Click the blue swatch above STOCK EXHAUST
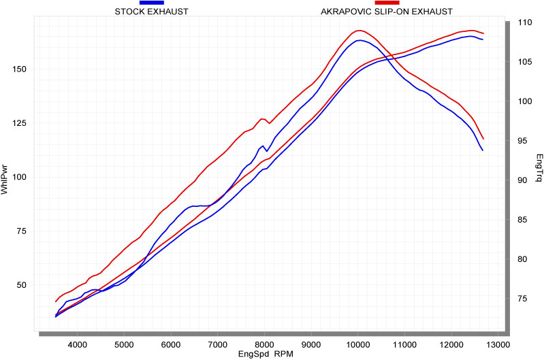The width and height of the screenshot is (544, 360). click(151, 3)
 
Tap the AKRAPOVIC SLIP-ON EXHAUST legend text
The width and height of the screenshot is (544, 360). click(386, 12)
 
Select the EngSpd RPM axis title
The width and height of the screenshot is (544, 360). click(266, 355)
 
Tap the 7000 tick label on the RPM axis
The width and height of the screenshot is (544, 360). click(218, 344)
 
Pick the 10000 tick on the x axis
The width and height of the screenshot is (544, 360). click(358, 344)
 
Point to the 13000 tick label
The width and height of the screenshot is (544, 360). click(498, 344)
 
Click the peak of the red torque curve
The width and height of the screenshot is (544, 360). click(359, 31)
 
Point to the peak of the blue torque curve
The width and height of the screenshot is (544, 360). click(359, 40)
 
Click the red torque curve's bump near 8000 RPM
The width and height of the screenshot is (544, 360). click(263, 119)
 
